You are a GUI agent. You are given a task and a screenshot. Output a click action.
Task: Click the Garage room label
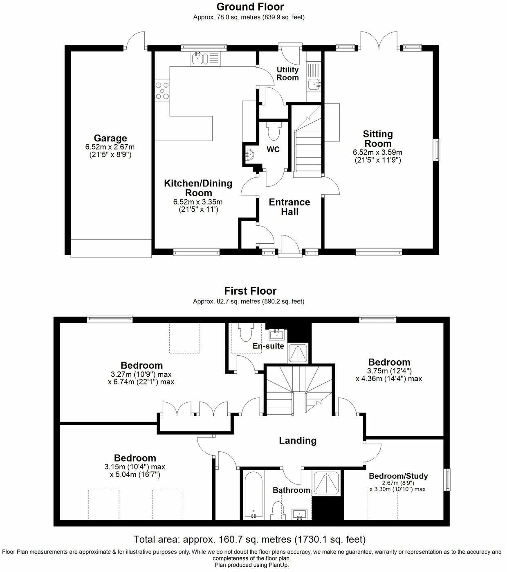coord(110,138)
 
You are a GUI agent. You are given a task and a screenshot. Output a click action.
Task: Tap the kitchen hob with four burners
coord(162,91)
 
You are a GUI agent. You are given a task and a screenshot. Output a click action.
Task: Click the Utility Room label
coord(287,74)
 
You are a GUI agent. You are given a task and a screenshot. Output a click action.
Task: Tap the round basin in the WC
coord(249,154)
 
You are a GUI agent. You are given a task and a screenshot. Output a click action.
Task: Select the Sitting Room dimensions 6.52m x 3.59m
coord(377,152)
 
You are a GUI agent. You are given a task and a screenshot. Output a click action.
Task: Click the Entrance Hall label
coord(289,207)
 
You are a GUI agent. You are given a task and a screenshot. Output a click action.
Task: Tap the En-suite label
coord(268,346)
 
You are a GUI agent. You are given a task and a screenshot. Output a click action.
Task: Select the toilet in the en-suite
coord(246,333)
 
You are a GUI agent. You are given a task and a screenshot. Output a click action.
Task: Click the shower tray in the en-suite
coord(299,352)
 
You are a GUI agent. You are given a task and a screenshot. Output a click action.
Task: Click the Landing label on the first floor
coord(298,440)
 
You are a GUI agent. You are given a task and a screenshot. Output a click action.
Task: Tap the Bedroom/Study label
coord(398,476)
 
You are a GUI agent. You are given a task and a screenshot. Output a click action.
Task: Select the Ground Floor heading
coord(250,7)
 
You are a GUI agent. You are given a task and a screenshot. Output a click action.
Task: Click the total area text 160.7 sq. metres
coord(249,539)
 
